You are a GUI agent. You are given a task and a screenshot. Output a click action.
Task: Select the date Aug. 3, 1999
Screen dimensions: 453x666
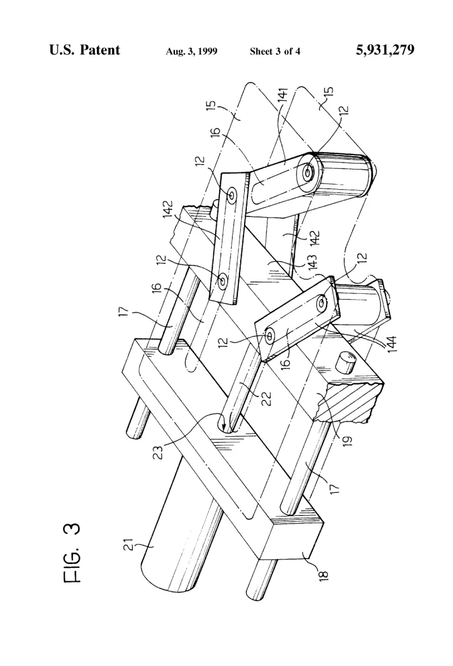coord(191,52)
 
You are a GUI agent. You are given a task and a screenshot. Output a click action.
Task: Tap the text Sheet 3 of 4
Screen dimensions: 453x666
coord(275,52)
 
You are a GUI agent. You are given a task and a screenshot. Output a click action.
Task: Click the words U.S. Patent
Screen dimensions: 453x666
coord(84,50)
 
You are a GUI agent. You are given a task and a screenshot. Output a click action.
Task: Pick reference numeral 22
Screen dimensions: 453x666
coord(266,399)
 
